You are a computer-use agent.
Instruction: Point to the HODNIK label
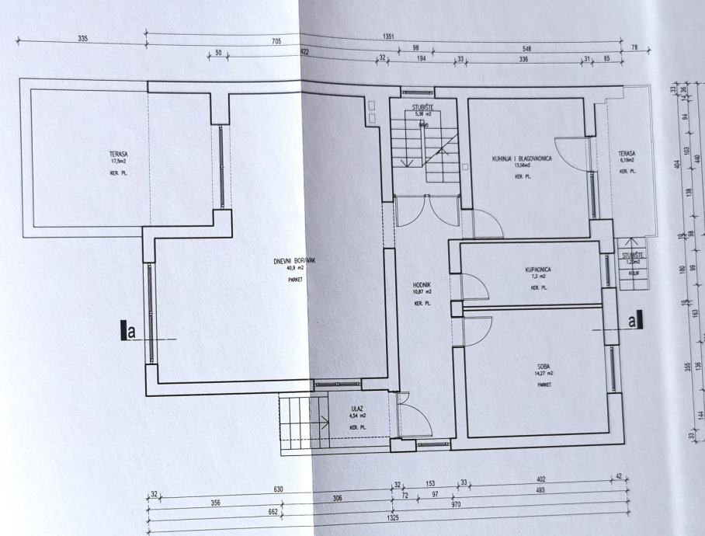422,284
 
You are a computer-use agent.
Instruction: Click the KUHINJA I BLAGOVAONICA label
521,158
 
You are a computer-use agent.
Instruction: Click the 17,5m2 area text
119,162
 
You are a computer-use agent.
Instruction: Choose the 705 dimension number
276,41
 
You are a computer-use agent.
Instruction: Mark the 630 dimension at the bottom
278,489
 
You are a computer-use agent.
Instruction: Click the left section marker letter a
131,332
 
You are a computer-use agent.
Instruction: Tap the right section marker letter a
632,319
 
